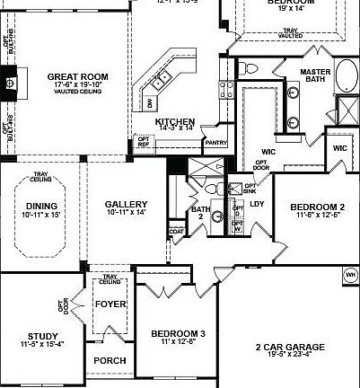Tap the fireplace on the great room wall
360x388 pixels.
(10, 84)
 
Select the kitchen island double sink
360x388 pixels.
(161, 81)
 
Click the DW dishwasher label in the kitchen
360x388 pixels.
(150, 103)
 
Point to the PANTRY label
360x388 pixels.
(215, 142)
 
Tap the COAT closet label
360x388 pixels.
(176, 233)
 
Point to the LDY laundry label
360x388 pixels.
(256, 204)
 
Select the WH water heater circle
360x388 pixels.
(349, 273)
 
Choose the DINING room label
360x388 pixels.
(41, 206)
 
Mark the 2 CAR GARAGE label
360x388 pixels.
(289, 347)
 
